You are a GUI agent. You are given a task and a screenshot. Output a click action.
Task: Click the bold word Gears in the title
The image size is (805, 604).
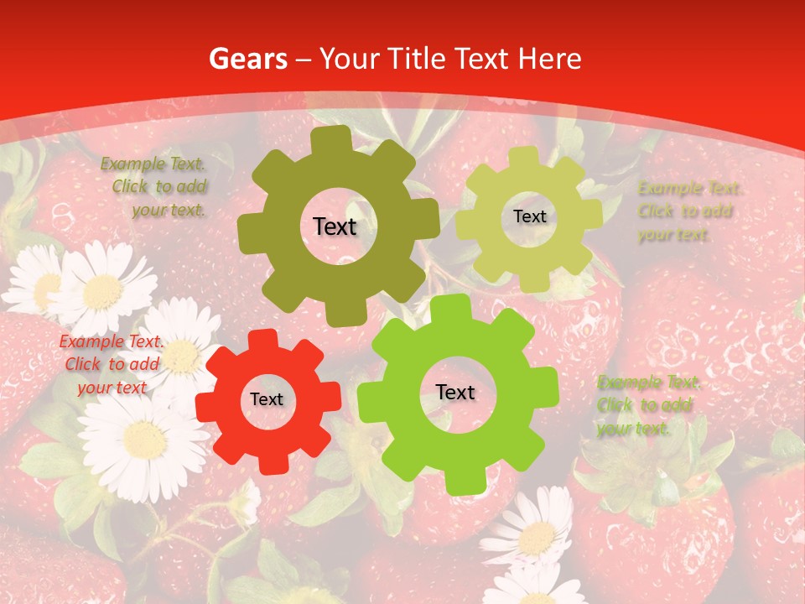coord(247,59)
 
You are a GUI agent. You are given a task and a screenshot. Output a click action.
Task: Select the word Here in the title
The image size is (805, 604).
coord(549,59)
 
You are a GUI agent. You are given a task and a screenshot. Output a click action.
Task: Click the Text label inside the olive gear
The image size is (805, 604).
coord(335,226)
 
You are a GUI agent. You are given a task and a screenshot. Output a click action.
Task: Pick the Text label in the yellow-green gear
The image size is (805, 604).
coord(529,216)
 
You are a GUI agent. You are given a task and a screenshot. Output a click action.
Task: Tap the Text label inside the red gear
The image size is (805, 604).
coord(267,400)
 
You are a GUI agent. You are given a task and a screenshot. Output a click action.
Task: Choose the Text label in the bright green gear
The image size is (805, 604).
coord(455,393)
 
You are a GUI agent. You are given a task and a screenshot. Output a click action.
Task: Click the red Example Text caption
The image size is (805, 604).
coord(111,364)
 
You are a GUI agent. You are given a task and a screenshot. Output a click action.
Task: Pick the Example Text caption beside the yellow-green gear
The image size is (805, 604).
coord(688,211)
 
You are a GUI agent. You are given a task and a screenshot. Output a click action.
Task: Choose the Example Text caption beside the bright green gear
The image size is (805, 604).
coord(647,405)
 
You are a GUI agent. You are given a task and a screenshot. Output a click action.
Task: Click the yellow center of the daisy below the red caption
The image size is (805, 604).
coord(144,439)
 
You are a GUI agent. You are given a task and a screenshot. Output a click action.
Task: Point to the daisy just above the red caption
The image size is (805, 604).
coord(101,290)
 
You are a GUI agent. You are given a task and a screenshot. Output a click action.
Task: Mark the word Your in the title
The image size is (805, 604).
coord(351,59)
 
